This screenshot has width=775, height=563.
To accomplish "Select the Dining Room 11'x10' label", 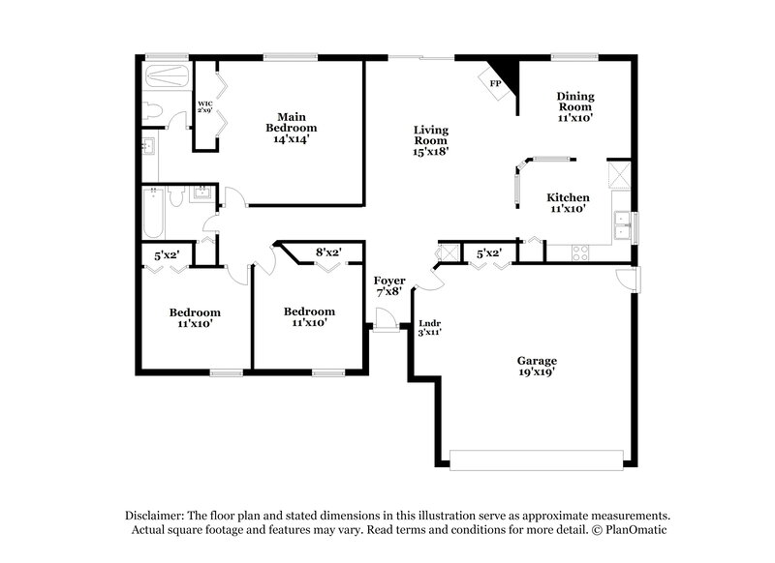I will (574, 106).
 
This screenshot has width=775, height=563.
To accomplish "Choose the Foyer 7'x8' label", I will (389, 286).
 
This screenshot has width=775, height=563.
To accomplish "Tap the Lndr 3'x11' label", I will (429, 327).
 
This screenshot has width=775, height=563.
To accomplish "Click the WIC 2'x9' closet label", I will (205, 106).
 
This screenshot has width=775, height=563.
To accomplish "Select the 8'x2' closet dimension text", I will (328, 252).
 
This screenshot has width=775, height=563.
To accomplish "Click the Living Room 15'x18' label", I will (430, 140).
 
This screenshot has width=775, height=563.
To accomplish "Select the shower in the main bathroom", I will (166, 76).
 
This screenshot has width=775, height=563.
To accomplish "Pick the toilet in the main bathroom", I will (149, 111).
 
